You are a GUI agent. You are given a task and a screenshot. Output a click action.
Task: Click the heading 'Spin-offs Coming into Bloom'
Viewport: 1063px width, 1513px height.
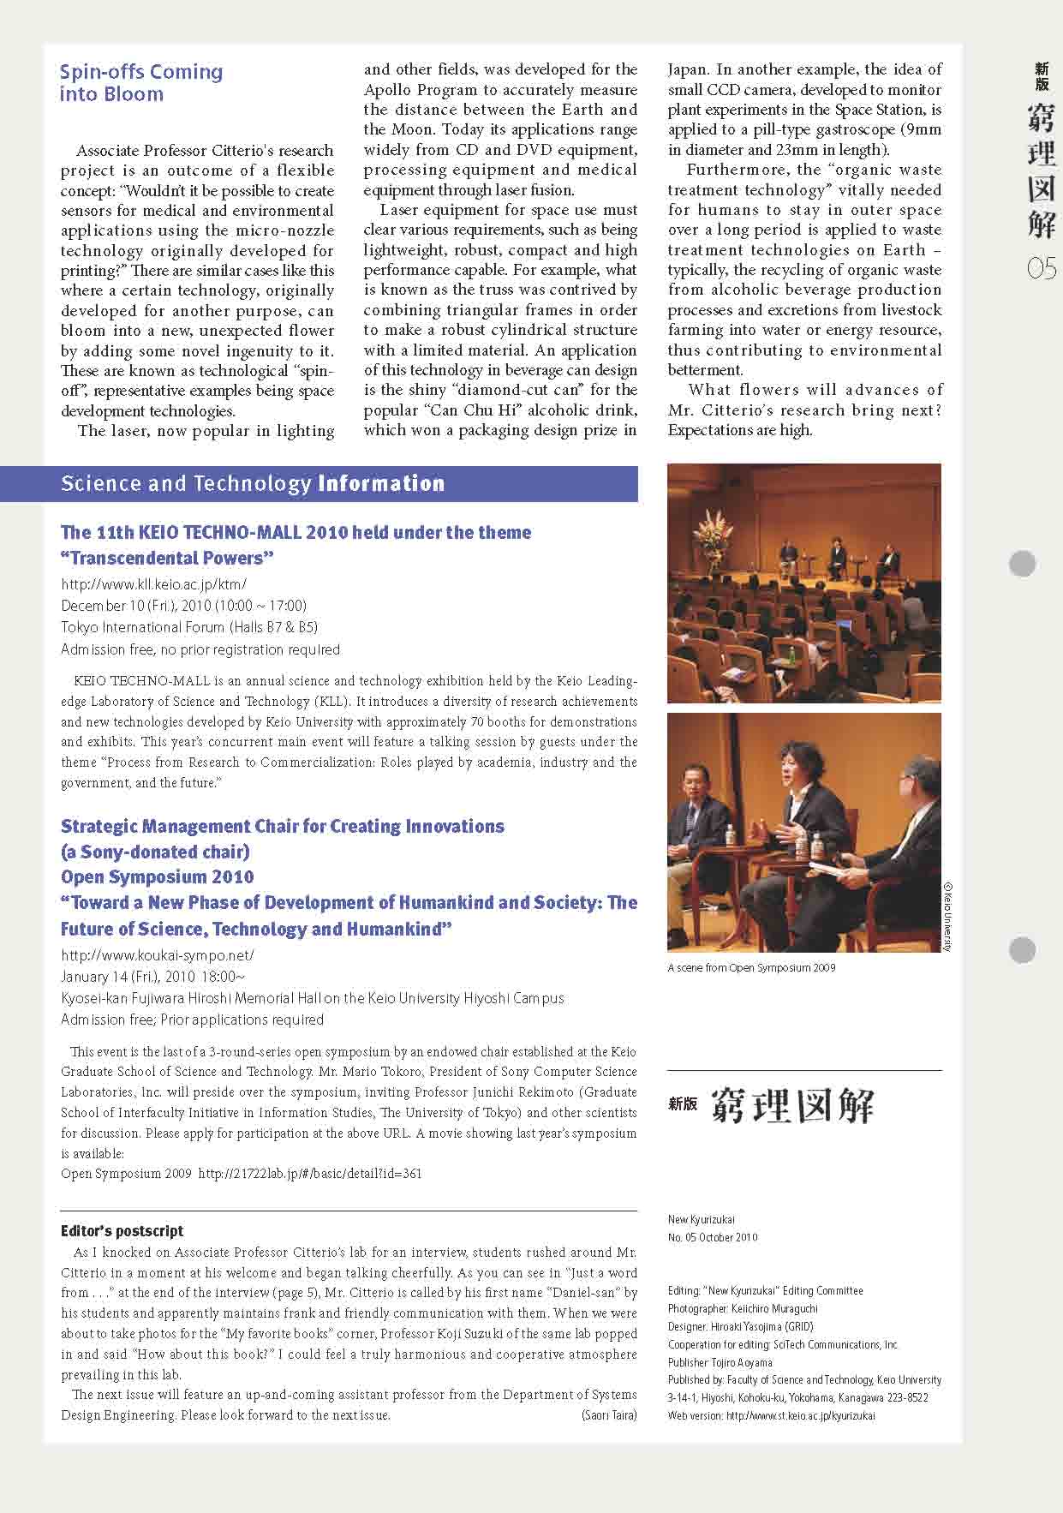tap(141, 82)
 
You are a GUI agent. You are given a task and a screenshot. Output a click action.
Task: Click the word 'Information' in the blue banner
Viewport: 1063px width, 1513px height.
tap(381, 484)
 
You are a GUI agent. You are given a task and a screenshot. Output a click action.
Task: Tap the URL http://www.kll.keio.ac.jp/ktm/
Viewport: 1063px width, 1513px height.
tap(154, 584)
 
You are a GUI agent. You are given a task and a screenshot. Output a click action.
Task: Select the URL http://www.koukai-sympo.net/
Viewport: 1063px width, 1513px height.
tap(158, 954)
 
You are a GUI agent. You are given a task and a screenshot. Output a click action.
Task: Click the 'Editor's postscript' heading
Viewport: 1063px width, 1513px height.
tap(122, 1231)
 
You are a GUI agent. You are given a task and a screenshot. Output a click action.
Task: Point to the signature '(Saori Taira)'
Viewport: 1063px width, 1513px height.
tap(609, 1415)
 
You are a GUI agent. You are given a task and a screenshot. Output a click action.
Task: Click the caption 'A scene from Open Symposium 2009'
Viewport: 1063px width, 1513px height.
tap(751, 968)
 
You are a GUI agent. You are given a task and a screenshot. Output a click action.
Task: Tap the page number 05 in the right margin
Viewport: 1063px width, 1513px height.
tap(1041, 270)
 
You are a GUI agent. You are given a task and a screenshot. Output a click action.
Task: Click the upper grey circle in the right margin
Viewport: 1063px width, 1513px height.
tap(1023, 564)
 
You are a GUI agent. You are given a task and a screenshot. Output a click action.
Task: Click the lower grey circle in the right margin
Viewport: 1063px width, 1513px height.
tap(1023, 950)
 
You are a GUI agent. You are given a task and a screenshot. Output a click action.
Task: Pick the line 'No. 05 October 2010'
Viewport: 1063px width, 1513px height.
tap(713, 1237)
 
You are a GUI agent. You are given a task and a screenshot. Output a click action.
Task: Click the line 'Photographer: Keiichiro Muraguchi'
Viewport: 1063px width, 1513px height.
tap(743, 1308)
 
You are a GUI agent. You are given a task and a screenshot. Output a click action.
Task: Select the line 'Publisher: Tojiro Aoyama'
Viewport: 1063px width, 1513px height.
tap(720, 1362)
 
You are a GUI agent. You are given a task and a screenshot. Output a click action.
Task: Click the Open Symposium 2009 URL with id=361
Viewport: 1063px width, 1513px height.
tap(310, 1174)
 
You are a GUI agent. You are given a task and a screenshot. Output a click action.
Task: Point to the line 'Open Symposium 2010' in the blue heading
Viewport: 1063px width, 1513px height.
tap(158, 877)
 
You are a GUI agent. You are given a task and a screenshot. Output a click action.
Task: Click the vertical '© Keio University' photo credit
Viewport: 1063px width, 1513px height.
tap(948, 917)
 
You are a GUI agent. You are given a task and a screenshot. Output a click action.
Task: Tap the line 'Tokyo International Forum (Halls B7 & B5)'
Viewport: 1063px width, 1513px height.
tap(189, 627)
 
